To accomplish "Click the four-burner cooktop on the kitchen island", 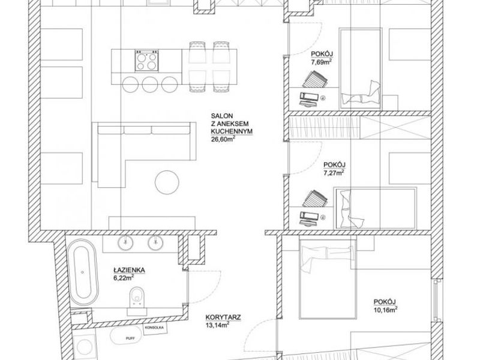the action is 146,61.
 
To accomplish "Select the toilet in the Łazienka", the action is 137,298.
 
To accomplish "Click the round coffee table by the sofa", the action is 167,182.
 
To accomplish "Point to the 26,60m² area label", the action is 223,139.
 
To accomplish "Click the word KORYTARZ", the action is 223,317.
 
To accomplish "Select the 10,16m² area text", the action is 385,309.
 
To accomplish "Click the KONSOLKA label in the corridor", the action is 155,328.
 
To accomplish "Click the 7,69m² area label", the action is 322,62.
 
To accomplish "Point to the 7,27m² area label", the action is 334,173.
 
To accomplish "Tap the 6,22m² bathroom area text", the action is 124,278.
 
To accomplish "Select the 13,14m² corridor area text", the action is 217,325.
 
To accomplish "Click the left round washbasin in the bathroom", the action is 125,243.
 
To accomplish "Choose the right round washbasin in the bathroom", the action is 156,243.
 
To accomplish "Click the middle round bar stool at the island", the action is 150,84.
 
